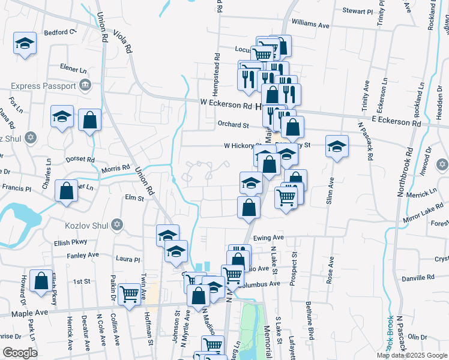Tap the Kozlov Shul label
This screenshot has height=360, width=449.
click(x=85, y=225)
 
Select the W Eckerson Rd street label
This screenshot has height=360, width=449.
click(x=226, y=105)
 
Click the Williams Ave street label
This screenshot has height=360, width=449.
click(x=310, y=26)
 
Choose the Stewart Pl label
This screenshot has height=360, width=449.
click(x=358, y=11)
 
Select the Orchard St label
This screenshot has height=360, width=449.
click(x=233, y=125)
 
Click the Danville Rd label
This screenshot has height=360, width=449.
click(x=418, y=278)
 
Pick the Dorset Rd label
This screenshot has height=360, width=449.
click(x=80, y=160)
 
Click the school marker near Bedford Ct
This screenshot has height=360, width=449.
click(x=25, y=44)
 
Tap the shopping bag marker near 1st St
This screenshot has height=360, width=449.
click(x=41, y=281)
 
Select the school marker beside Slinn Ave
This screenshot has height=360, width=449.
click(x=337, y=146)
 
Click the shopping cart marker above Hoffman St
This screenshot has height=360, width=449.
click(x=130, y=294)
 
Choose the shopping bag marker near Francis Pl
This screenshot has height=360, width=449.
click(x=66, y=191)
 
